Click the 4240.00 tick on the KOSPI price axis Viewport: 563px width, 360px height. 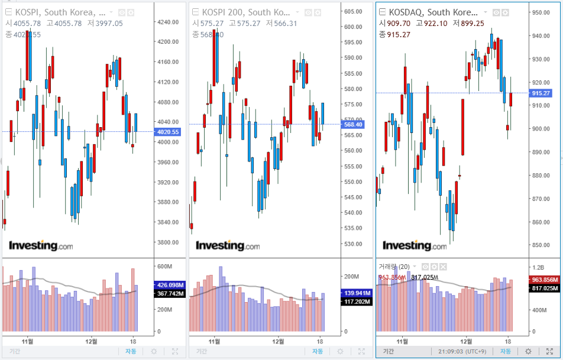tap(169, 22)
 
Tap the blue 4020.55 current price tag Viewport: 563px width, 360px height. tap(167, 132)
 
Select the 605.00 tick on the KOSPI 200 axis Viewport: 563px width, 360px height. tap(353, 11)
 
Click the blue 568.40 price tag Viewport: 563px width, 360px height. tap(353, 124)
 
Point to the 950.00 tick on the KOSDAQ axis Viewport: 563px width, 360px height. tap(541, 12)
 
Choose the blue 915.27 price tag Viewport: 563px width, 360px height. tap(541, 93)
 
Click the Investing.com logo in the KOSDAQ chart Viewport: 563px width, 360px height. tap(415, 245)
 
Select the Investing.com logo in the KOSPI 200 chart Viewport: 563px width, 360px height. tap(228, 245)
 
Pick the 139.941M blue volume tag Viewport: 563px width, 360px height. tap(355, 293)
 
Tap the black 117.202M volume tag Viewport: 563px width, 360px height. tap(355, 302)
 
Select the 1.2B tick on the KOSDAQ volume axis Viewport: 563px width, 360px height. tap(539, 267)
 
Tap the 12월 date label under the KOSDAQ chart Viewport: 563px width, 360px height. tap(467, 341)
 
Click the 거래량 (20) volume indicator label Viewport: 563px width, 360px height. tap(394, 267)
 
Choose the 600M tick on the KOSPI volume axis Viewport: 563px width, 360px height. tap(164, 267)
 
